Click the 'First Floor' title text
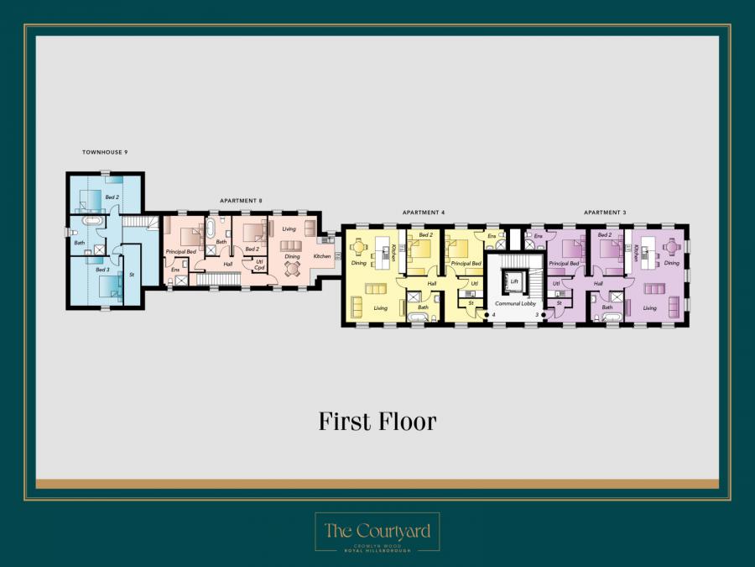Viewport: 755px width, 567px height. (377, 421)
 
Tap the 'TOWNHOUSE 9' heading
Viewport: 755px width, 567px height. (105, 152)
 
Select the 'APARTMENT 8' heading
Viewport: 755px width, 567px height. (241, 201)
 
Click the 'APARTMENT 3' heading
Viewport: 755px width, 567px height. (605, 213)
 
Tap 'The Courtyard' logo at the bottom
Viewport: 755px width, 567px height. (377, 532)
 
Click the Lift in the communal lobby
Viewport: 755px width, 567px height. (513, 281)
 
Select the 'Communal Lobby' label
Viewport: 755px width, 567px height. (515, 303)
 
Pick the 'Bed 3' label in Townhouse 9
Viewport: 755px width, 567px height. (102, 270)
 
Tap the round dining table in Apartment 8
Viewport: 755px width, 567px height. (292, 269)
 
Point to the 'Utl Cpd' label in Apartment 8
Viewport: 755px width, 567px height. (259, 265)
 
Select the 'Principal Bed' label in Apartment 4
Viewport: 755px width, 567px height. (466, 263)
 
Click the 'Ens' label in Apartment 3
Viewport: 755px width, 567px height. (538, 237)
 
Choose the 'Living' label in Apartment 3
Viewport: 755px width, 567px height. (650, 308)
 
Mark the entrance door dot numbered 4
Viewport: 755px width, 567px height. (486, 315)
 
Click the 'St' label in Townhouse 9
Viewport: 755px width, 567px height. (132, 275)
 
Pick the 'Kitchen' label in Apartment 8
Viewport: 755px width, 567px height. (322, 255)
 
